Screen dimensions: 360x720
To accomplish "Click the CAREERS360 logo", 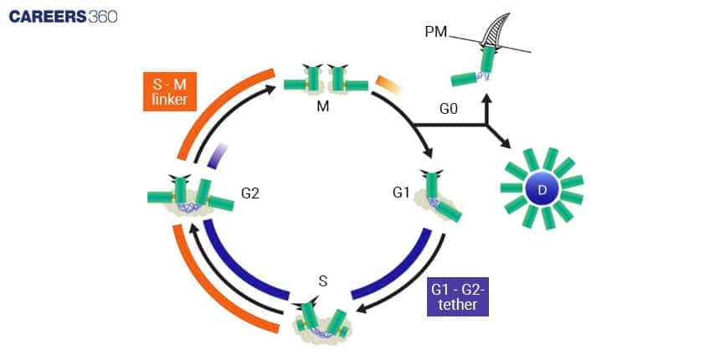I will pos(64,16).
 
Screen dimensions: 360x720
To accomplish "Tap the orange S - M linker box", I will pos(169,90).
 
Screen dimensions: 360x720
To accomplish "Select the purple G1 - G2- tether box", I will pos(457,296).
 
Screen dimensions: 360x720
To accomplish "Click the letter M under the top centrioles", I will pos(324,106).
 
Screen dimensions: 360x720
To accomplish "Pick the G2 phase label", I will pos(250,193).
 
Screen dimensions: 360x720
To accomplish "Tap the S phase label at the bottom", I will pos(323,281).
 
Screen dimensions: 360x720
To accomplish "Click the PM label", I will pos(435,33).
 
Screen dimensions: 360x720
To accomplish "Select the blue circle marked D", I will pos(541,189).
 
